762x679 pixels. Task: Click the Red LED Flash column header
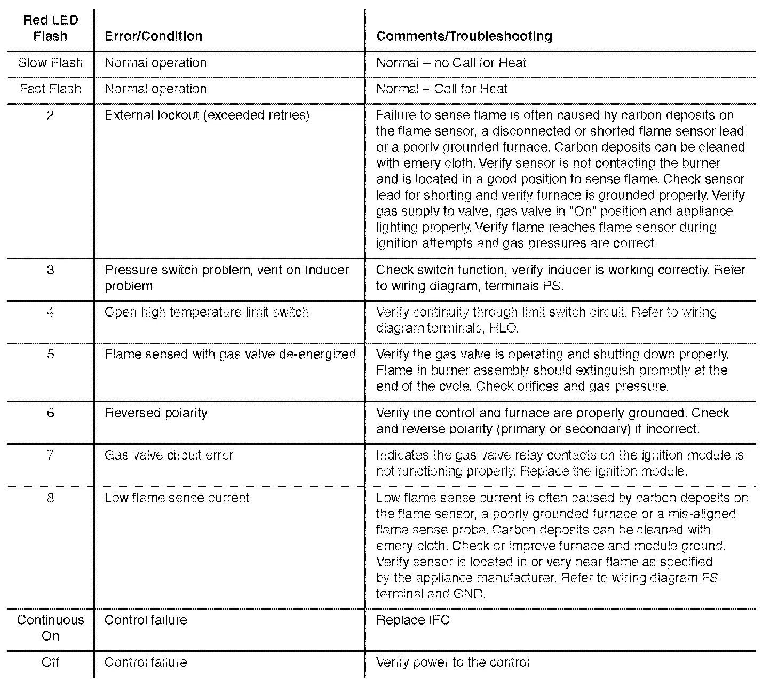[50, 28]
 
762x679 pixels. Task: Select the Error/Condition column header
[154, 36]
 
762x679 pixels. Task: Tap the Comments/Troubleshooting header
[464, 36]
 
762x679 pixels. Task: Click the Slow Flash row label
[51, 63]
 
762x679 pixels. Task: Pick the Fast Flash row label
[51, 89]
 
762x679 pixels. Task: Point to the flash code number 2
[50, 115]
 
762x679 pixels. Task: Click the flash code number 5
[50, 354]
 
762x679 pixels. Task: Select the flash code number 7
[50, 455]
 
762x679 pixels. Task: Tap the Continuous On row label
[51, 628]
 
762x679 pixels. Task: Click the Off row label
[51, 662]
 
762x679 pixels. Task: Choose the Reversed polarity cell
[156, 413]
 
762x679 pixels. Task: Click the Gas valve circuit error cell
[169, 455]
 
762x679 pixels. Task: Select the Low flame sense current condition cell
[177, 498]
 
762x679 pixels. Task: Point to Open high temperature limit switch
[207, 312]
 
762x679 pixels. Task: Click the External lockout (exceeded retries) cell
[207, 115]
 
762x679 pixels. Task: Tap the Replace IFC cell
[413, 620]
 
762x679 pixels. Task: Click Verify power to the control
[453, 662]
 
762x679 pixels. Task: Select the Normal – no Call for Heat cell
[451, 63]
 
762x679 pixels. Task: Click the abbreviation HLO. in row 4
[504, 328]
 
